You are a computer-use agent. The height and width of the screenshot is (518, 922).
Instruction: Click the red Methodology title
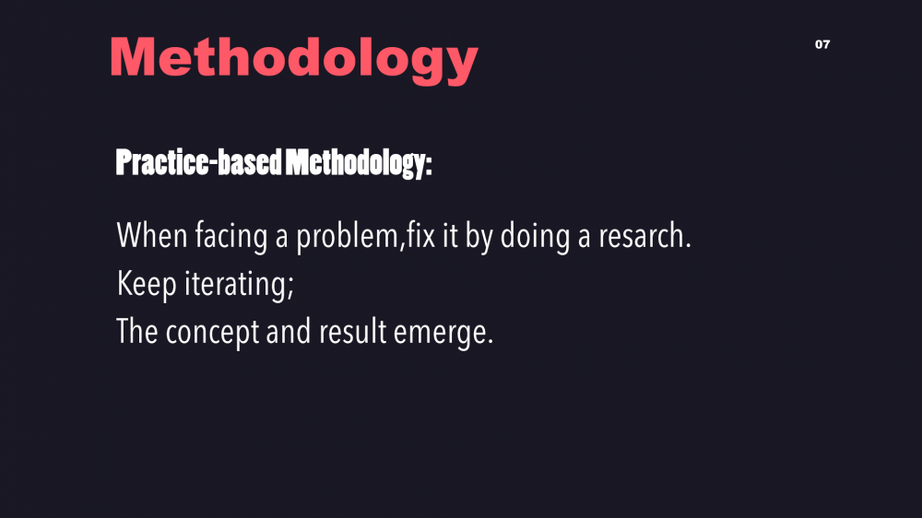294,59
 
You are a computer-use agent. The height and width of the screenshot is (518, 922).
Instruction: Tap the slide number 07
822,44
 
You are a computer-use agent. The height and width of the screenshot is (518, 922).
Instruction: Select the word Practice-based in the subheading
198,162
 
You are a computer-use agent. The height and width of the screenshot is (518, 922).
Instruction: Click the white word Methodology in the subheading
355,163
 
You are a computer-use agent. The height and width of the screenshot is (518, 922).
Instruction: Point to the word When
152,235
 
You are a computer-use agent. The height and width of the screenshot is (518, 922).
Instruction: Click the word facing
231,236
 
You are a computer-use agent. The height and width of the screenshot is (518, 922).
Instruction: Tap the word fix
420,235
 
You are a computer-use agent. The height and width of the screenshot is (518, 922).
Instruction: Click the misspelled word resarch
642,236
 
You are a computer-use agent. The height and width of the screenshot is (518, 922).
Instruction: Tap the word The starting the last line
137,331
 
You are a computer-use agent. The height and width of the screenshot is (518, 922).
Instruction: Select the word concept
212,333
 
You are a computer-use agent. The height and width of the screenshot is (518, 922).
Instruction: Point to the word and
288,331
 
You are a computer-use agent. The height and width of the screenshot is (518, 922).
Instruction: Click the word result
353,331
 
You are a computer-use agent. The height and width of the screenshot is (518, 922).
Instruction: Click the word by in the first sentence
479,236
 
